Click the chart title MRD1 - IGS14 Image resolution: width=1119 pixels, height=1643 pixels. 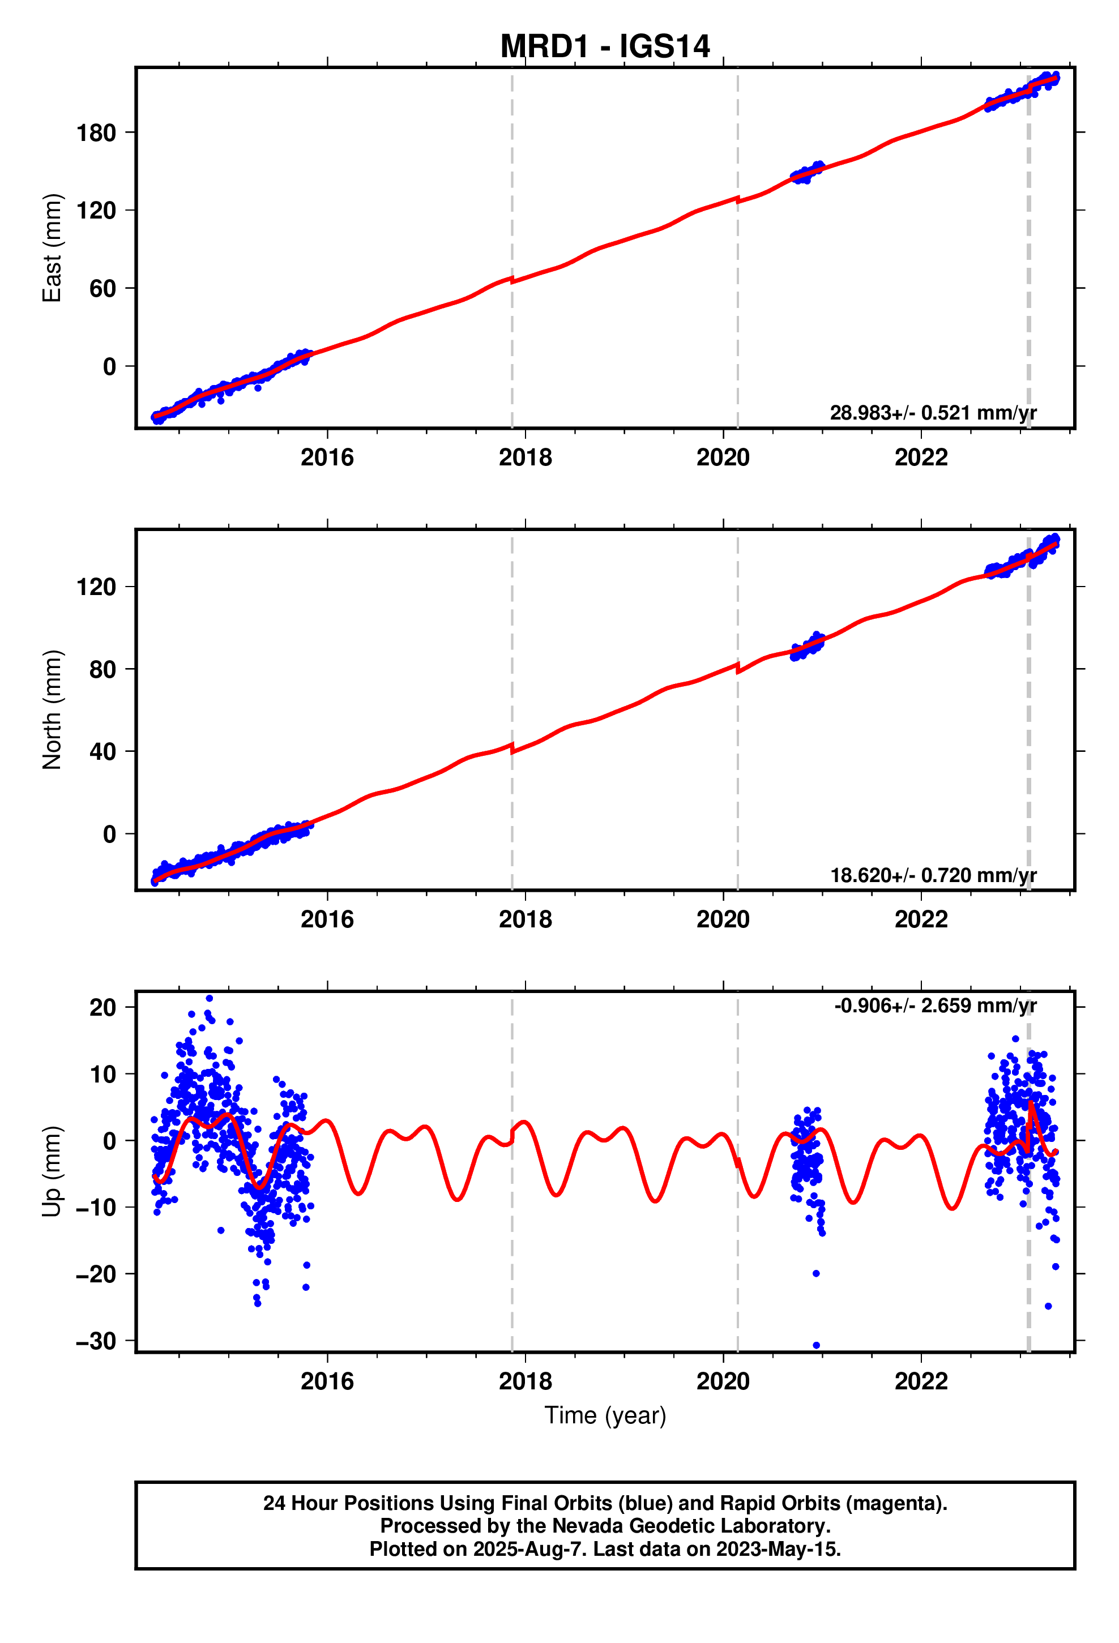pyautogui.click(x=604, y=46)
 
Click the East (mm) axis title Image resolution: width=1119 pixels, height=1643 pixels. pyautogui.click(x=52, y=247)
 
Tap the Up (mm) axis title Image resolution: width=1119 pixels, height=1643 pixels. pyautogui.click(x=52, y=1171)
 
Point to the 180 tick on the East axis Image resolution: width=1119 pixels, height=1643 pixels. pyautogui.click(x=96, y=132)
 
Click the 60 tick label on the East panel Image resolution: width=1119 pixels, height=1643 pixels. pyautogui.click(x=102, y=288)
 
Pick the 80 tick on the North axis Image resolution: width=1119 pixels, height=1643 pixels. pyautogui.click(x=102, y=669)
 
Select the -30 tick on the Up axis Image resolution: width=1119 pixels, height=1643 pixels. pyautogui.click(x=96, y=1341)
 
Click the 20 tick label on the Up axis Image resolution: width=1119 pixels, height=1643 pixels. pyautogui.click(x=102, y=1007)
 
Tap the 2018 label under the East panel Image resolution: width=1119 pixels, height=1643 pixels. pyautogui.click(x=525, y=457)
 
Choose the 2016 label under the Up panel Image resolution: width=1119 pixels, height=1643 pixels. pyautogui.click(x=327, y=1381)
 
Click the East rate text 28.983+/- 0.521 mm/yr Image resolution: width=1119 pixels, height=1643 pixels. pyautogui.click(x=932, y=412)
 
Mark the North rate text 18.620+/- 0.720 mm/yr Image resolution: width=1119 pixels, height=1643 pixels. pyautogui.click(x=932, y=875)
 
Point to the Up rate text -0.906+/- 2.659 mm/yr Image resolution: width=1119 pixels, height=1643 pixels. pyautogui.click(x=935, y=1006)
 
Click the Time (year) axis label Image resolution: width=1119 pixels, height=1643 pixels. pyautogui.click(x=605, y=1415)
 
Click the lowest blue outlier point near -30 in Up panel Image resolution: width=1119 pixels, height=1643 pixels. pyautogui.click(x=816, y=1345)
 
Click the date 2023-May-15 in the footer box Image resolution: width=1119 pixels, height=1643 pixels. pyautogui.click(x=776, y=1549)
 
